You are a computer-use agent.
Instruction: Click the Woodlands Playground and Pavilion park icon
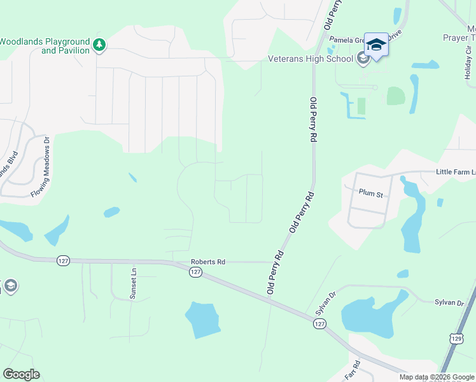point(99,44)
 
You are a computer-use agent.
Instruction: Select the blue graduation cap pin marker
point(377,45)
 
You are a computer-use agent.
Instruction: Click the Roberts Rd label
point(208,262)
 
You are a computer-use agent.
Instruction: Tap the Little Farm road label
point(454,172)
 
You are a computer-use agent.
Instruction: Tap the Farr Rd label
point(356,367)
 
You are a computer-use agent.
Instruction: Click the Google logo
point(21,374)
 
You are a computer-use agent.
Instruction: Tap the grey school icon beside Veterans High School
point(363,59)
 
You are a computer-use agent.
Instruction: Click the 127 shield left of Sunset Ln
point(63,260)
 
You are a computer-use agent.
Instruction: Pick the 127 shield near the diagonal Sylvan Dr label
point(319,324)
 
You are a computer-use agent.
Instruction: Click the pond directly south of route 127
point(202,319)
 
